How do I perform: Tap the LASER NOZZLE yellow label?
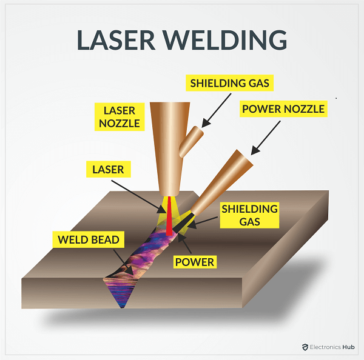(x=118, y=116)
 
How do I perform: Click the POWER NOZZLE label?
(x=283, y=109)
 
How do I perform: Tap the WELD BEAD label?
(x=88, y=240)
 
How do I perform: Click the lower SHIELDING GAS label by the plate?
(x=249, y=215)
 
